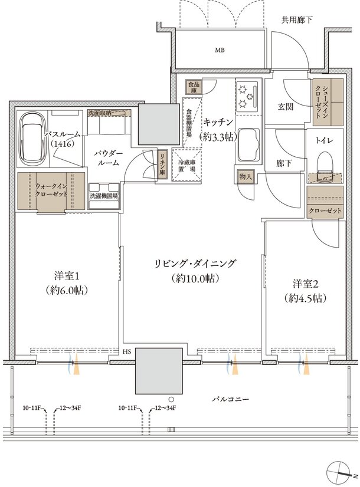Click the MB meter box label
click(220, 50)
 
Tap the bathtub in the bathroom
click(32, 140)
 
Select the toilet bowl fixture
click(325, 166)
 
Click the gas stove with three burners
click(247, 96)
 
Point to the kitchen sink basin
click(248, 146)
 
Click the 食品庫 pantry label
click(194, 87)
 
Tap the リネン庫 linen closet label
click(163, 164)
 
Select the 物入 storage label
click(246, 177)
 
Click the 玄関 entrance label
click(285, 107)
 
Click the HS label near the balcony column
click(127, 352)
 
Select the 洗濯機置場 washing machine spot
click(103, 196)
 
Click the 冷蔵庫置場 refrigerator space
click(186, 165)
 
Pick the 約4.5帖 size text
click(305, 298)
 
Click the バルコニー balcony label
click(231, 399)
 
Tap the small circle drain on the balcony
click(171, 399)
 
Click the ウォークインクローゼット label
click(51, 190)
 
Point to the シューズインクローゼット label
click(322, 102)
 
